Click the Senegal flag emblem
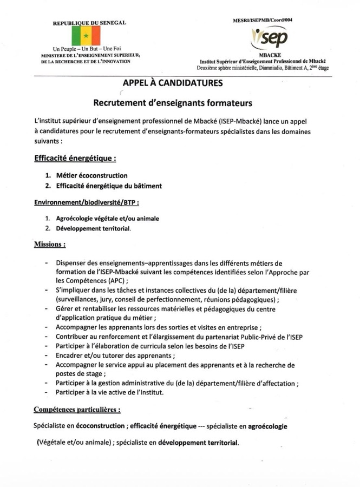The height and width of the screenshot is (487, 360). pyautogui.click(x=86, y=36)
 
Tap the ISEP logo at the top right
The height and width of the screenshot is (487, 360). pyautogui.click(x=270, y=37)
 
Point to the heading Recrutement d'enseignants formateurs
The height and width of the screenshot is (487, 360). pyautogui.click(x=173, y=102)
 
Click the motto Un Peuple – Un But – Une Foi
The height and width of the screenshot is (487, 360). pyautogui.click(x=86, y=50)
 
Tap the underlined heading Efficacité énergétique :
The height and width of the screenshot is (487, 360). pyautogui.click(x=75, y=159)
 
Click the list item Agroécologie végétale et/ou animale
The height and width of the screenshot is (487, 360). pyautogui.click(x=107, y=219)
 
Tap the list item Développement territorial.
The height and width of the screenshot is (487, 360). pyautogui.click(x=94, y=228)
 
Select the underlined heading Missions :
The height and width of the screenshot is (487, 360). pyautogui.click(x=50, y=245)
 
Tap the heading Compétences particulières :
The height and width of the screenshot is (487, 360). pyautogui.click(x=77, y=410)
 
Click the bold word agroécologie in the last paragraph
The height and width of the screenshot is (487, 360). pyautogui.click(x=267, y=426)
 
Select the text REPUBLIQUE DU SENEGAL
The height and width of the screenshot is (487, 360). pyautogui.click(x=89, y=23)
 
